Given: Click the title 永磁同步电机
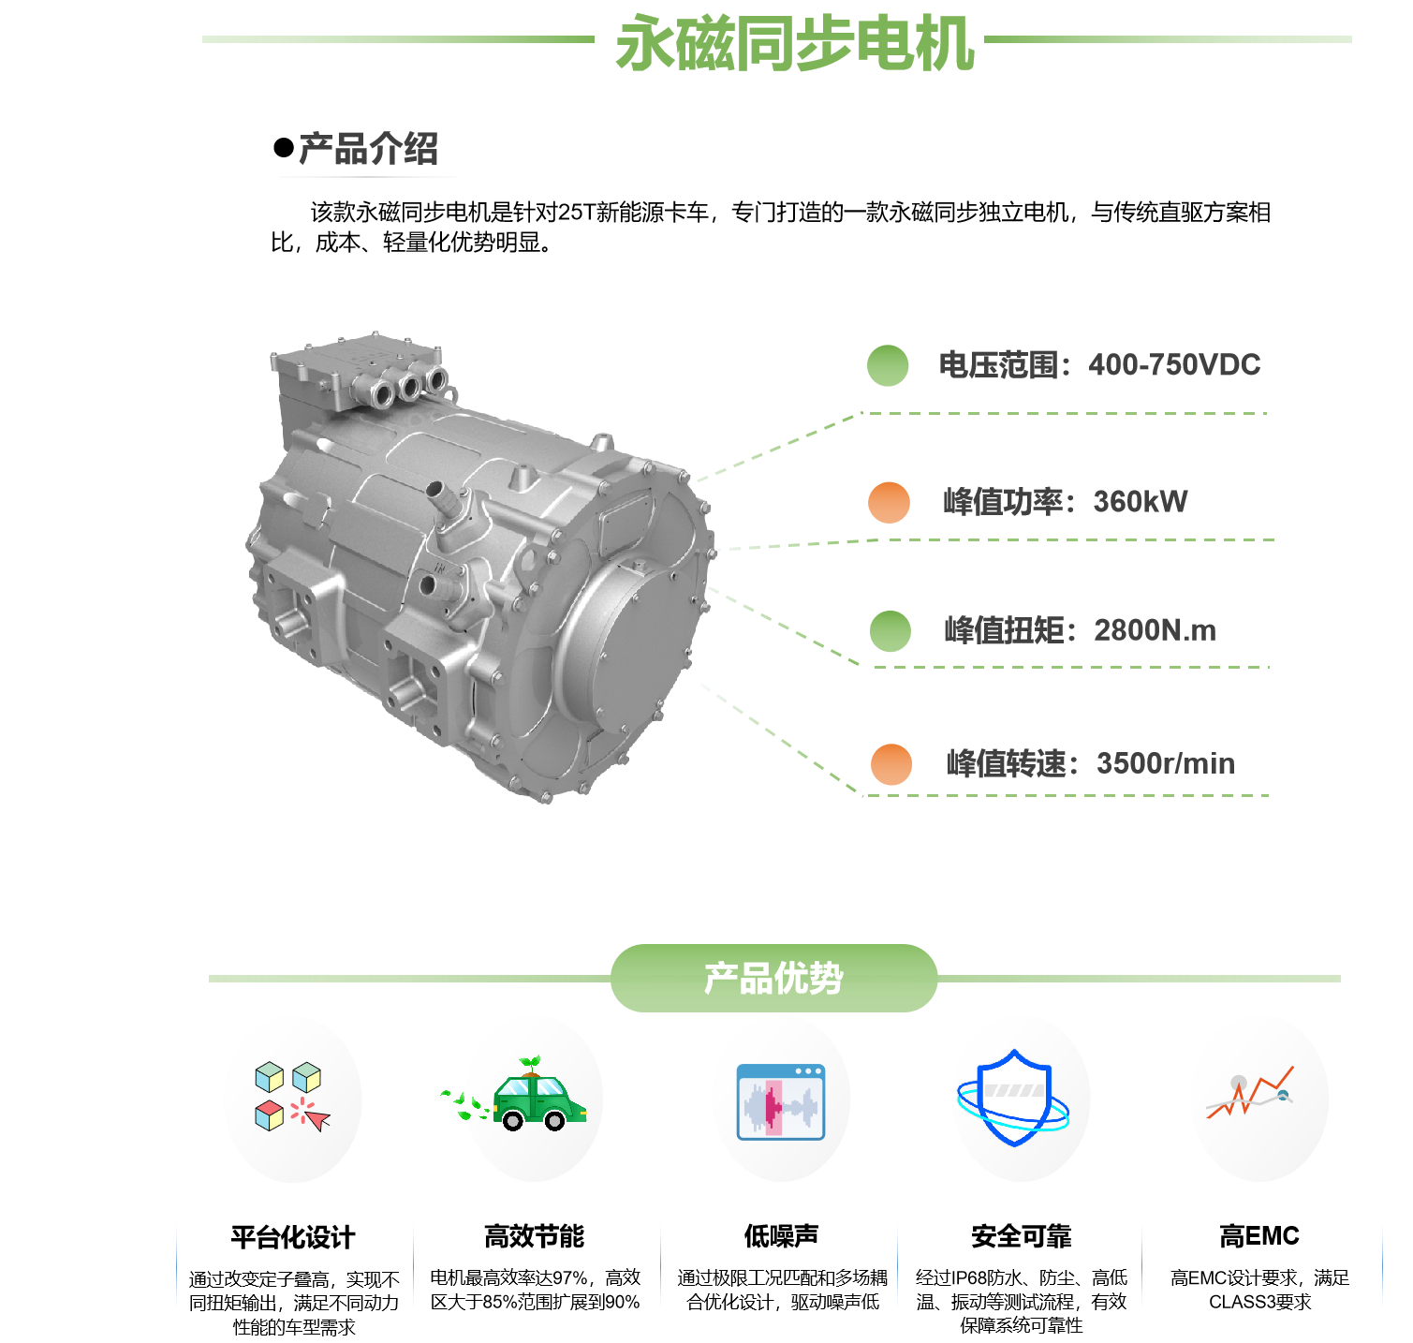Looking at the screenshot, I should (795, 44).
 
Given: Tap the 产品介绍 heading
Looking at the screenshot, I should (368, 149).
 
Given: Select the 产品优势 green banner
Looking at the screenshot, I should (773, 979).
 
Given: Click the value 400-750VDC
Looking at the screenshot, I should (1174, 365).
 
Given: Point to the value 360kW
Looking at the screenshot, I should (1141, 502).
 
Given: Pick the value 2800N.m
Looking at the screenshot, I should (1155, 630).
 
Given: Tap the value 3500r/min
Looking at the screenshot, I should (1165, 764).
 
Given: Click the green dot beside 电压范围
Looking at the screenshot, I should (888, 365).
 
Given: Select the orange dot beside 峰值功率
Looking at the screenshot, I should (889, 503).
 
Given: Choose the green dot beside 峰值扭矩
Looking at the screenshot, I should (890, 631).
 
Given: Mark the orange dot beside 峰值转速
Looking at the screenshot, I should (890, 765).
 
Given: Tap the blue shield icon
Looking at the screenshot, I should (1014, 1098).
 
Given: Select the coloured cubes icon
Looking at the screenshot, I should (291, 1097).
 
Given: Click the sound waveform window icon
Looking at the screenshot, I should (781, 1101).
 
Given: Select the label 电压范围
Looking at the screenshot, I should (997, 365).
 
